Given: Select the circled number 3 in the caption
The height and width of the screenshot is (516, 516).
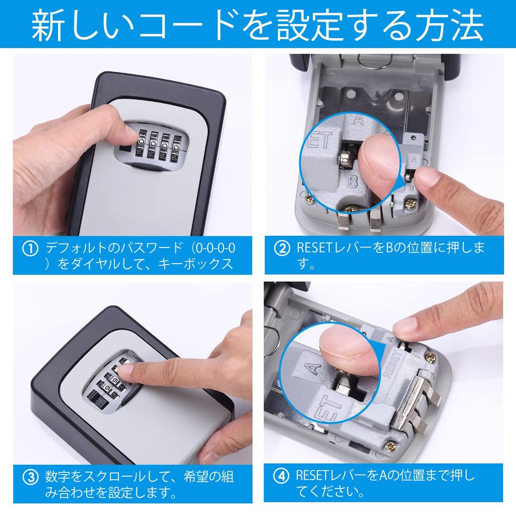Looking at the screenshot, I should [31, 476].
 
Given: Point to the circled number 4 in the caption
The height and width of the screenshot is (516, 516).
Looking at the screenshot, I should [281, 476].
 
